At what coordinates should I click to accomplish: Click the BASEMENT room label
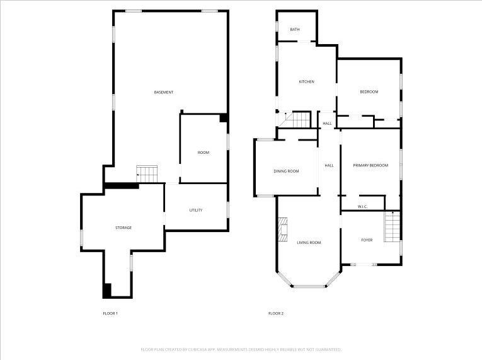[x=164, y=93]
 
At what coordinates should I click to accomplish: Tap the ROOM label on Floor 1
[x=204, y=153]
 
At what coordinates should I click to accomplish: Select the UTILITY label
[x=196, y=210]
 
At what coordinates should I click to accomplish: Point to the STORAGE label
[x=123, y=228]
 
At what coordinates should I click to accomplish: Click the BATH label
[x=295, y=30]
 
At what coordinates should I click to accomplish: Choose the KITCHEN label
[x=306, y=81]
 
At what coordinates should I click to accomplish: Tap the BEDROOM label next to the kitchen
[x=369, y=92]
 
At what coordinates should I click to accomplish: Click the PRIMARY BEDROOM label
[x=370, y=165]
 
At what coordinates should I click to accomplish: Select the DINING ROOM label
[x=286, y=171]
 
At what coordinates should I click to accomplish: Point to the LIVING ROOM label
[x=309, y=242]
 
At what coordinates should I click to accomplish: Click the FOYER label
[x=367, y=240]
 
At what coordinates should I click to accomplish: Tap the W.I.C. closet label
[x=362, y=207]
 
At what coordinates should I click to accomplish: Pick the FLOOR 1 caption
[x=110, y=313]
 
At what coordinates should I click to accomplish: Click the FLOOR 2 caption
[x=276, y=313]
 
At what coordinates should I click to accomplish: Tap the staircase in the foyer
[x=393, y=226]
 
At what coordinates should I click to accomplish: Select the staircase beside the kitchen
[x=297, y=119]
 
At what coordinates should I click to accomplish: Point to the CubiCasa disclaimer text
[x=241, y=349]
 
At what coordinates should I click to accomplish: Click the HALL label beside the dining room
[x=329, y=165]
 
